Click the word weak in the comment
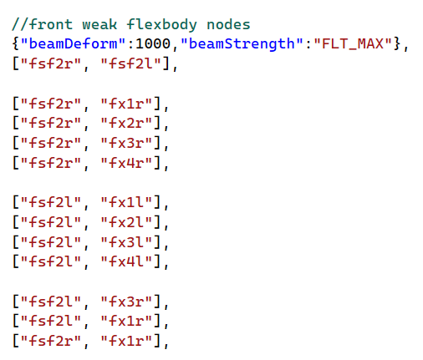[x=99, y=24]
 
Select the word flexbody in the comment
[x=161, y=24]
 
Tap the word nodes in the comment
[x=228, y=24]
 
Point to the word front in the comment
[x=50, y=24]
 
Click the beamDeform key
[x=73, y=43]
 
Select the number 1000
[x=153, y=44]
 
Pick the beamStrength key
[x=242, y=44]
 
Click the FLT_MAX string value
[x=353, y=44]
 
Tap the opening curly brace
[x=16, y=44]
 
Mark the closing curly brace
[x=397, y=44]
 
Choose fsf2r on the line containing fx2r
[x=50, y=123]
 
